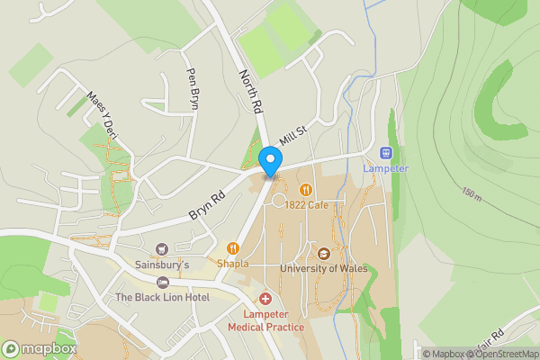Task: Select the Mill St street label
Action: tap(293, 136)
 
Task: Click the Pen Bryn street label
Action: tap(192, 88)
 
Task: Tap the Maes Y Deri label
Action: tap(102, 116)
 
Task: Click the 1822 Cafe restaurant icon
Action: tap(306, 190)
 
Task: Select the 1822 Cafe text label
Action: tap(306, 205)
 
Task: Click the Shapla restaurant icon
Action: tap(232, 248)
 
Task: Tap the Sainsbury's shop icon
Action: tap(162, 249)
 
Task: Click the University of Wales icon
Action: tap(324, 253)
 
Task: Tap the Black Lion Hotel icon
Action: tap(162, 283)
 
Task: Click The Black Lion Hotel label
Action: tap(162, 297)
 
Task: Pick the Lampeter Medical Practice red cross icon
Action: tap(265, 298)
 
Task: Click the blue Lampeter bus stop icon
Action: tap(386, 153)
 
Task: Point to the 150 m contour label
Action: tap(472, 192)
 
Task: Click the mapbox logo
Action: tap(40, 348)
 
